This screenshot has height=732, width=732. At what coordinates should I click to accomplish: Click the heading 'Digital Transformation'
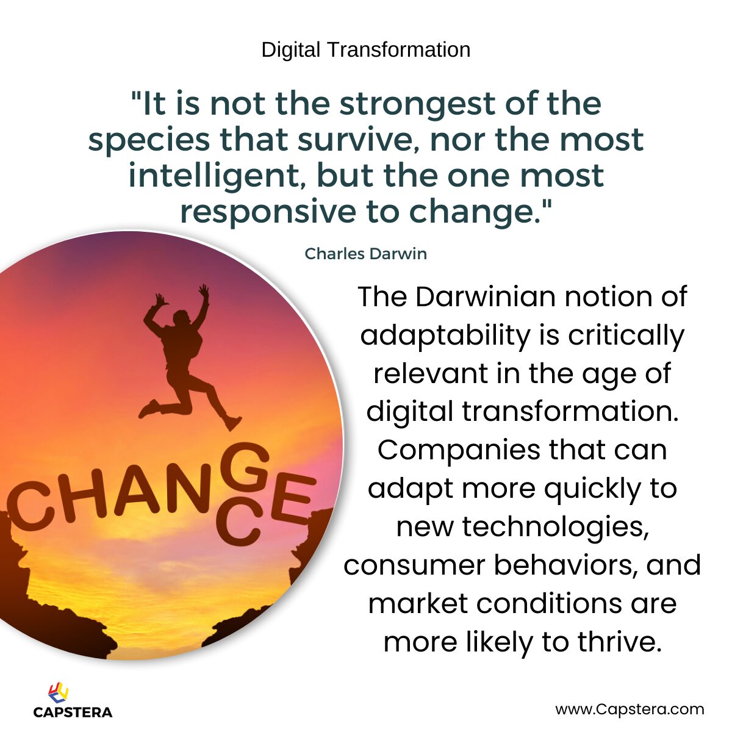(x=366, y=49)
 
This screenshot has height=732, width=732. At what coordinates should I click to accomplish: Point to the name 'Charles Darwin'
(x=365, y=254)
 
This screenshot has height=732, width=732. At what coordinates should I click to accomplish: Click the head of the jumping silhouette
(x=181, y=318)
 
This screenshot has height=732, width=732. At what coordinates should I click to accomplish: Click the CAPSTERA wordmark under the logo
(x=73, y=712)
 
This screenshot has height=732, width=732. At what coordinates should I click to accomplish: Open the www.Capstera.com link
(x=630, y=709)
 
